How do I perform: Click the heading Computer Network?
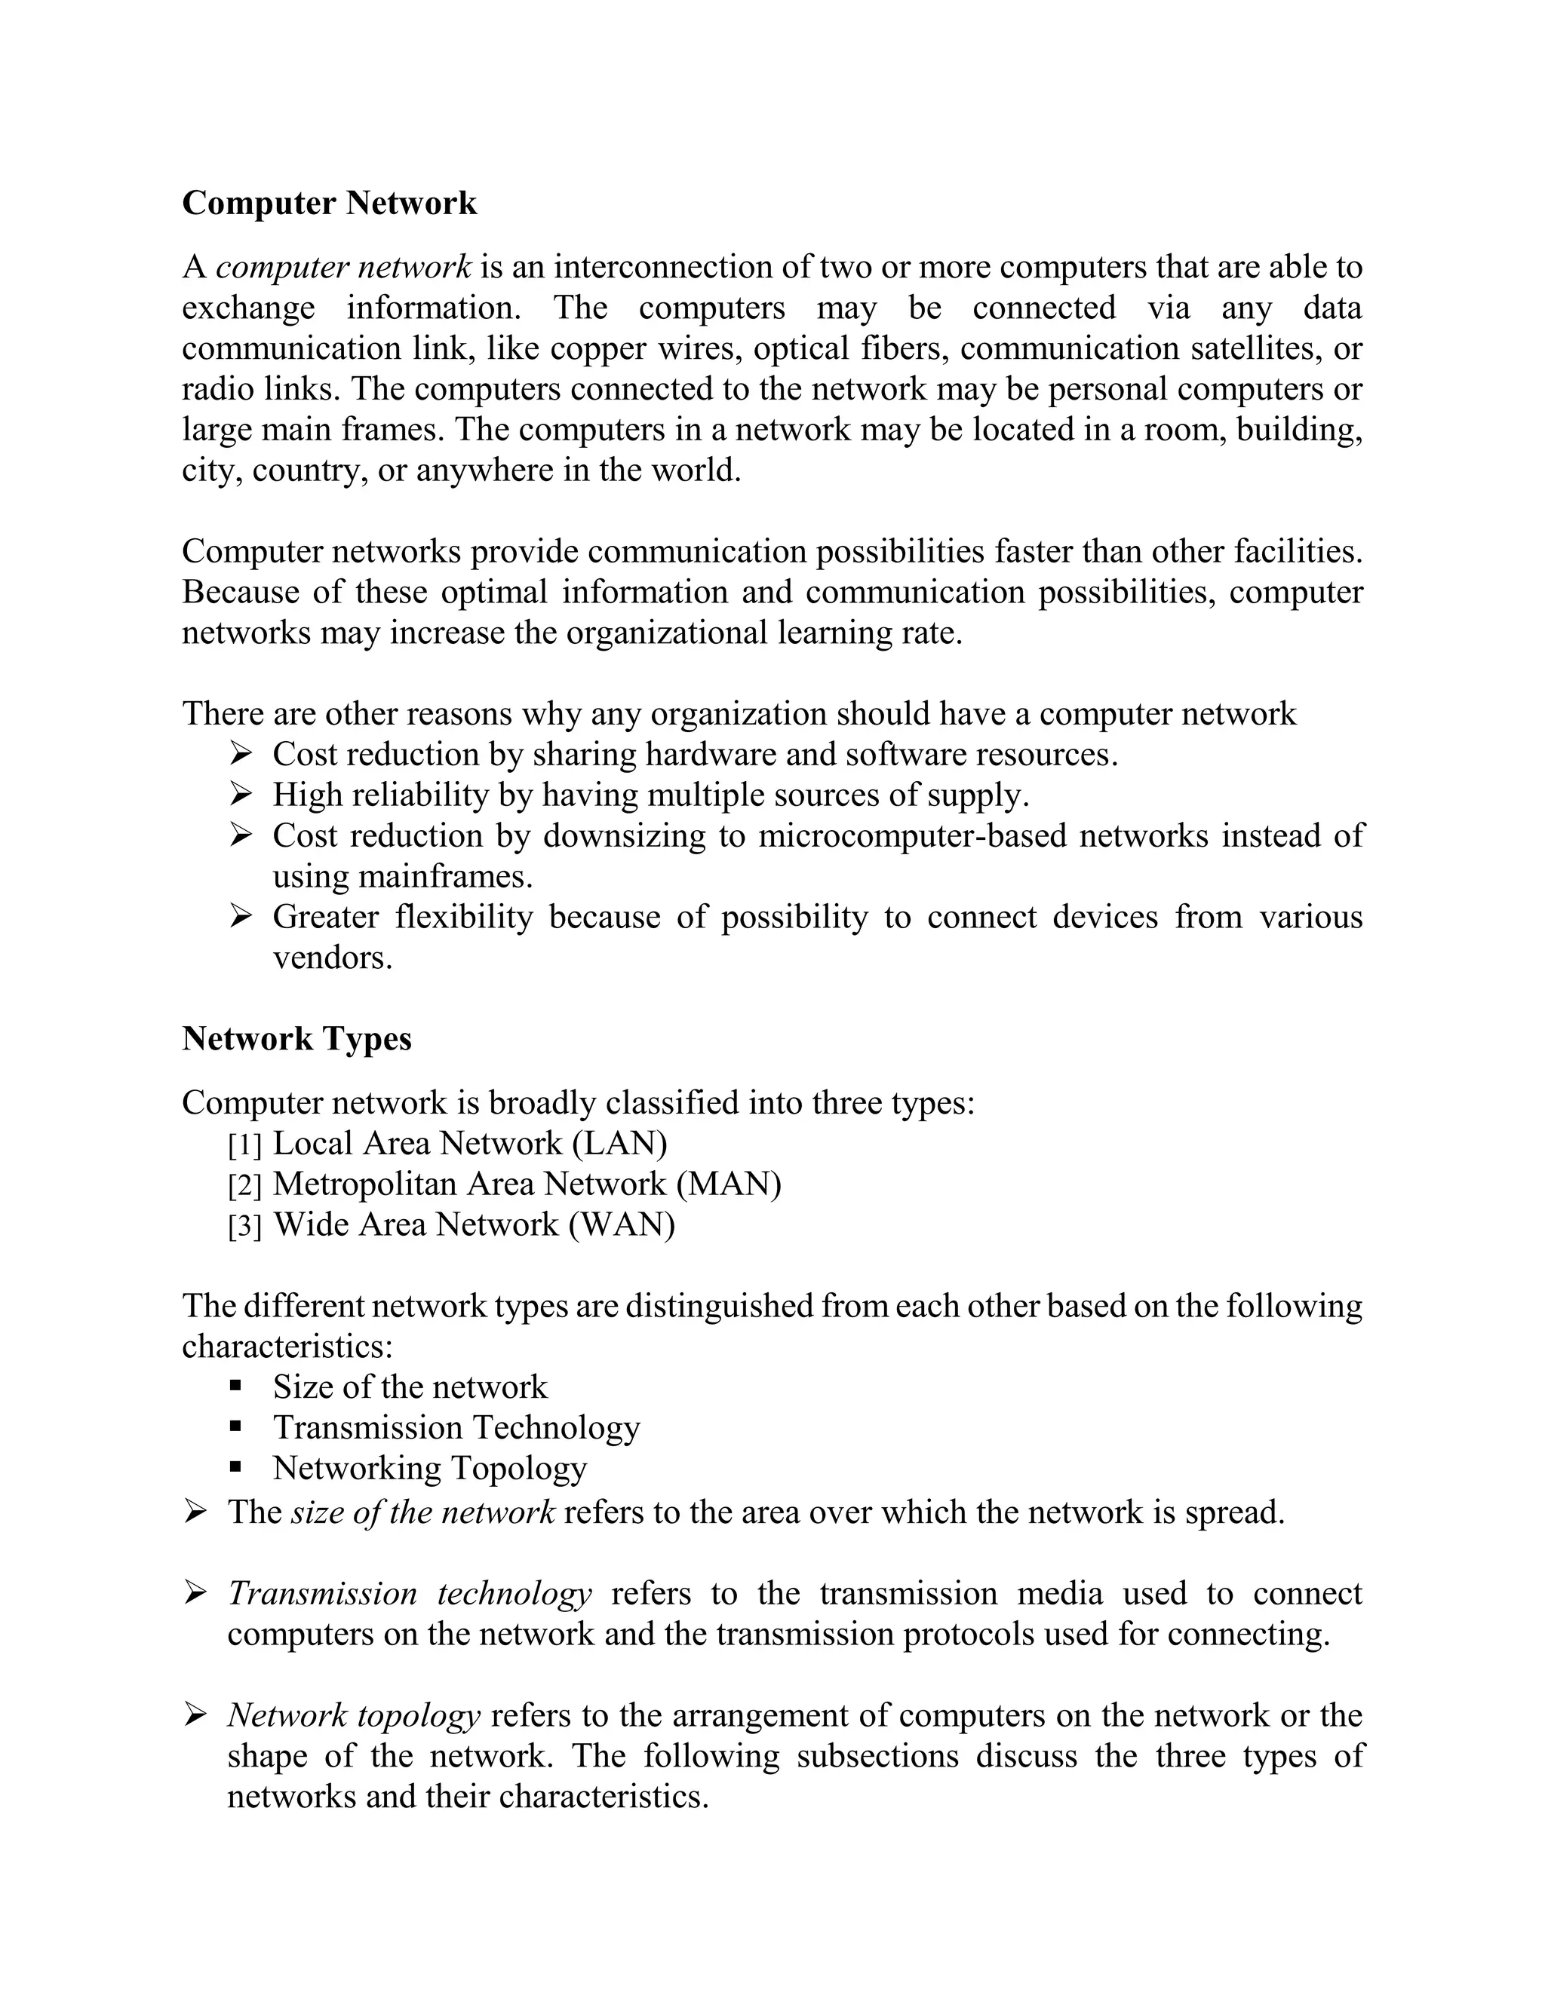tap(329, 203)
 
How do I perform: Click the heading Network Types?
tap(296, 1038)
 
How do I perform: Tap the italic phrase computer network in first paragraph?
tap(343, 267)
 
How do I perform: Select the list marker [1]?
tap(244, 1145)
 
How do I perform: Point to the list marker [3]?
tap(244, 1226)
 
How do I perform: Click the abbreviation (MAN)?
tap(729, 1184)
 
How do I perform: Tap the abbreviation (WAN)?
tap(622, 1225)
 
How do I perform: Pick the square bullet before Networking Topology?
tap(235, 1466)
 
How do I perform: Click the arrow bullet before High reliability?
tap(240, 794)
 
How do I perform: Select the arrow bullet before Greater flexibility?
tap(240, 916)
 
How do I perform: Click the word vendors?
tap(332, 958)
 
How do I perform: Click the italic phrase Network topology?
tap(353, 1715)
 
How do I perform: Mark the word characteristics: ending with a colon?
tap(287, 1347)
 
